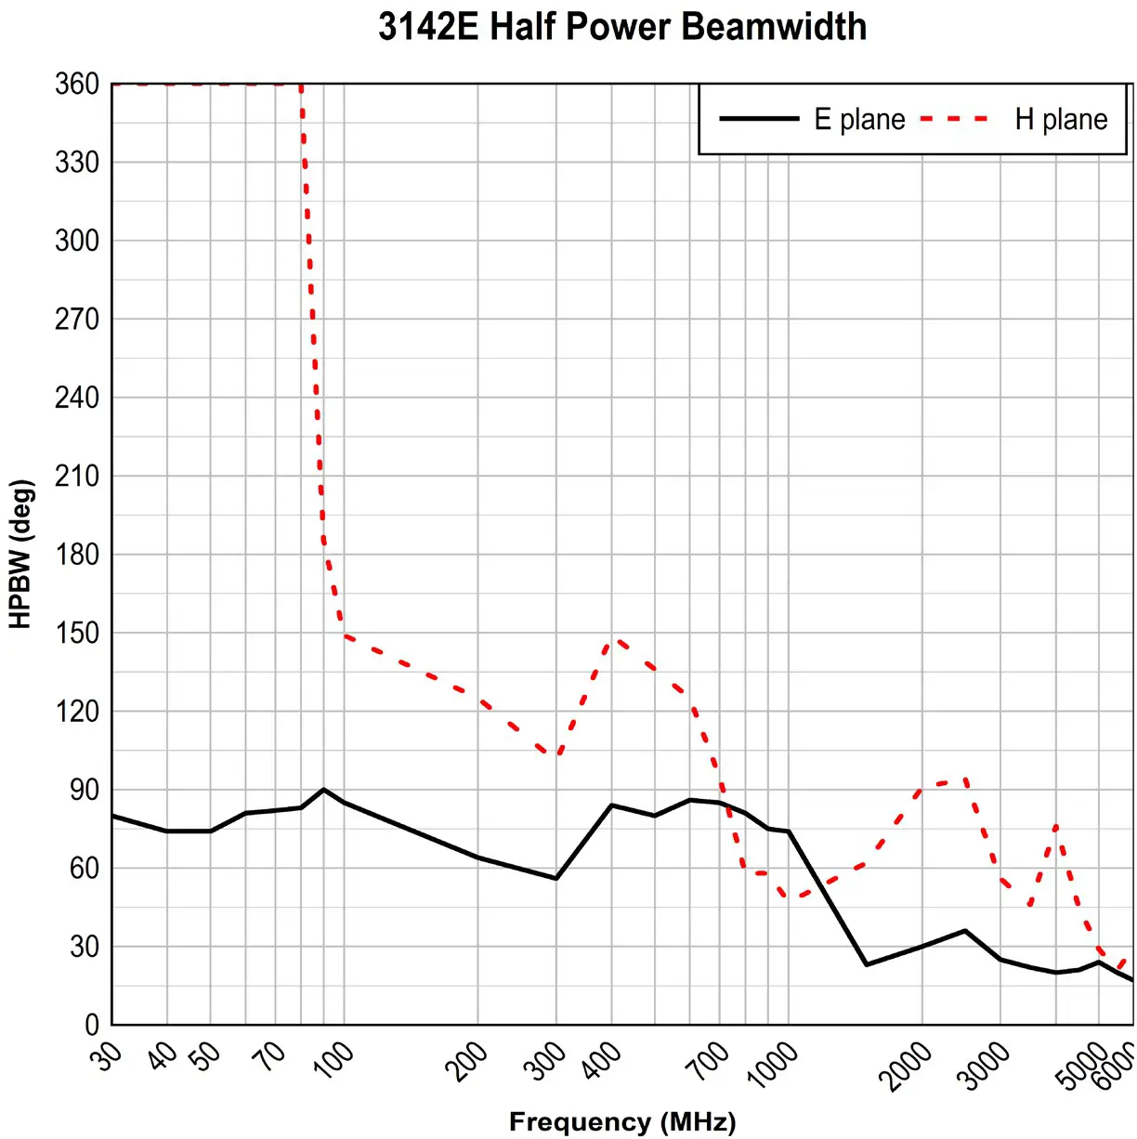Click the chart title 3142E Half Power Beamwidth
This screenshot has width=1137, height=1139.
click(622, 27)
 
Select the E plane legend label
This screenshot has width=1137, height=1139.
click(859, 120)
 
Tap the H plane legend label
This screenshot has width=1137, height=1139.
click(1061, 120)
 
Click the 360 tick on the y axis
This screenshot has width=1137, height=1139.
click(77, 85)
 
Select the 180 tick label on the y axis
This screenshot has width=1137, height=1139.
click(77, 555)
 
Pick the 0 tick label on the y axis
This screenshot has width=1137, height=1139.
click(91, 1025)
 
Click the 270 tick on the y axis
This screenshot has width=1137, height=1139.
click(77, 320)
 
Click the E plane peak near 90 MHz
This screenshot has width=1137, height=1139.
click(323, 790)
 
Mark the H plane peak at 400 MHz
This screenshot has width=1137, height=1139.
click(613, 639)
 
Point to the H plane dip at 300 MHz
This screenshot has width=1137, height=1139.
click(557, 754)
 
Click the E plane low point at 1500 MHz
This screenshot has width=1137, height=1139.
click(867, 964)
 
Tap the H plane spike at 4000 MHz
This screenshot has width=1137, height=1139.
click(1056, 825)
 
